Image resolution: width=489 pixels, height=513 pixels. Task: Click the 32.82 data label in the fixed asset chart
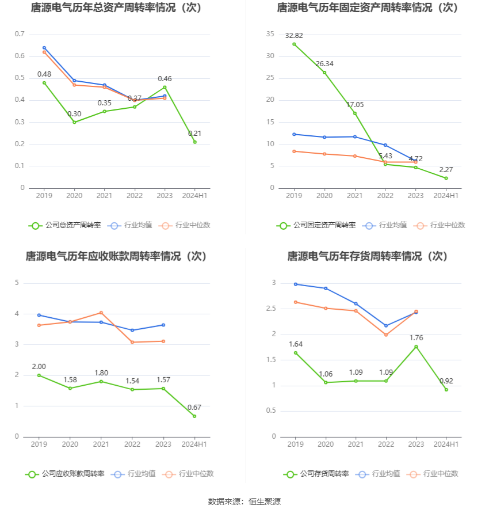[x=294, y=36]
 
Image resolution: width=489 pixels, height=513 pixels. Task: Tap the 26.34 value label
[x=324, y=64]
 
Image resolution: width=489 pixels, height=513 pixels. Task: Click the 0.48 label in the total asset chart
[x=44, y=74]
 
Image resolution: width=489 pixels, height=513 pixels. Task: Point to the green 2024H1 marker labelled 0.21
[x=194, y=142]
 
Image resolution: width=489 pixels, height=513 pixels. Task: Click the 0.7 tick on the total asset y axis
[x=20, y=35]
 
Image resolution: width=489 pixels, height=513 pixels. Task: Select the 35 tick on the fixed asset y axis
[x=270, y=35]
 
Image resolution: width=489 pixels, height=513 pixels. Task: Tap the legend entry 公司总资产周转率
[x=64, y=225]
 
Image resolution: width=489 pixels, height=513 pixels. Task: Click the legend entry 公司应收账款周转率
[x=64, y=474]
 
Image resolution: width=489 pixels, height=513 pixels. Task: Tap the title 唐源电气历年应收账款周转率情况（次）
[x=116, y=256]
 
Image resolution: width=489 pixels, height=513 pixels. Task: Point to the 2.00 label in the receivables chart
[x=39, y=367]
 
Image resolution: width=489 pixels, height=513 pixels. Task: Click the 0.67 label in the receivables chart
[x=194, y=408]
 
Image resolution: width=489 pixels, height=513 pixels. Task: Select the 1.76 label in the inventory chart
[x=415, y=338]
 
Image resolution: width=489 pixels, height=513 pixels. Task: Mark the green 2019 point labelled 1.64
[x=296, y=353]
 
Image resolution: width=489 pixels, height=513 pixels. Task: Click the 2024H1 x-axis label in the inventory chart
[x=446, y=444]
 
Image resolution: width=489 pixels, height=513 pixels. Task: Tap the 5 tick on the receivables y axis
[x=17, y=283]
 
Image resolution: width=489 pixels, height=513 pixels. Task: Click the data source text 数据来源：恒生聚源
[x=244, y=501]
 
